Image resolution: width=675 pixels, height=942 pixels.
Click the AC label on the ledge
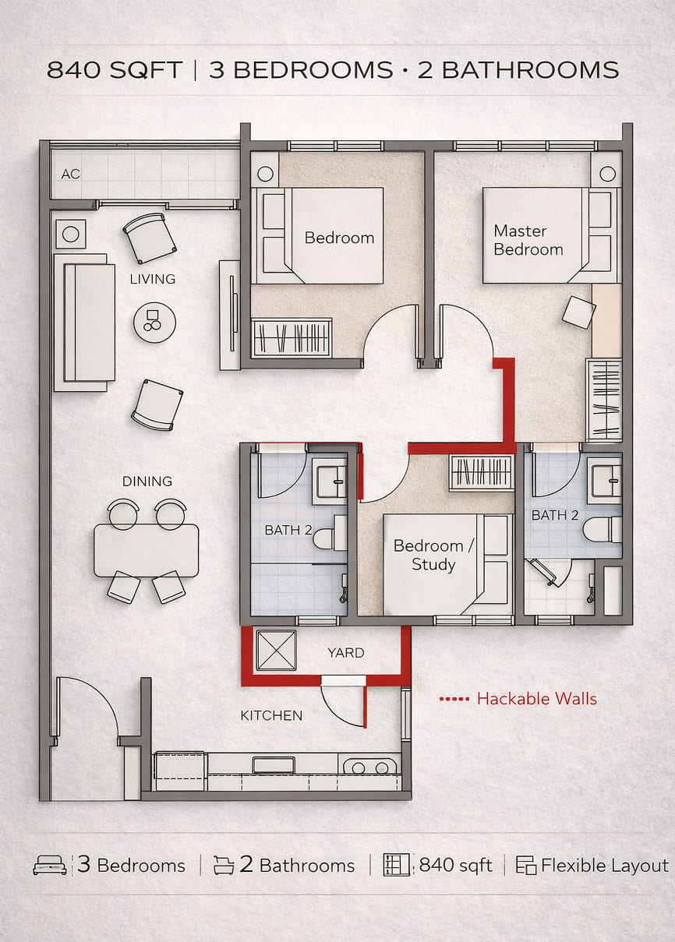[x=70, y=174]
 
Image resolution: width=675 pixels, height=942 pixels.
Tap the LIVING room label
[x=152, y=279]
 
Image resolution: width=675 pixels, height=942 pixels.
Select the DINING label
[x=147, y=481]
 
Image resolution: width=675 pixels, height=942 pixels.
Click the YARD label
[x=346, y=653]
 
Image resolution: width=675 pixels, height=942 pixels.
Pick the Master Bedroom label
[x=528, y=240]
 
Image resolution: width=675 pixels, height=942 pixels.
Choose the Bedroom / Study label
[x=434, y=555]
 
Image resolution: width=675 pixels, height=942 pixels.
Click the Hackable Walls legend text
[x=537, y=699]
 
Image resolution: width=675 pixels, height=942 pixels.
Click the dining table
[x=146, y=551]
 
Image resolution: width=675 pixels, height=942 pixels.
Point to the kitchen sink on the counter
[x=274, y=765]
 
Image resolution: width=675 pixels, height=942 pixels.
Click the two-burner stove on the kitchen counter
[x=370, y=767]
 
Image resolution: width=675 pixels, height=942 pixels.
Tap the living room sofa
[x=84, y=323]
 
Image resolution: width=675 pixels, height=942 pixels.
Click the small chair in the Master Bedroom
[x=578, y=312]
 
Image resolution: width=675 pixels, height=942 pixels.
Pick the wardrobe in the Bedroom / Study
[x=482, y=474]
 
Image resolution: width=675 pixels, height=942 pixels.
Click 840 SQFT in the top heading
[x=115, y=70]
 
